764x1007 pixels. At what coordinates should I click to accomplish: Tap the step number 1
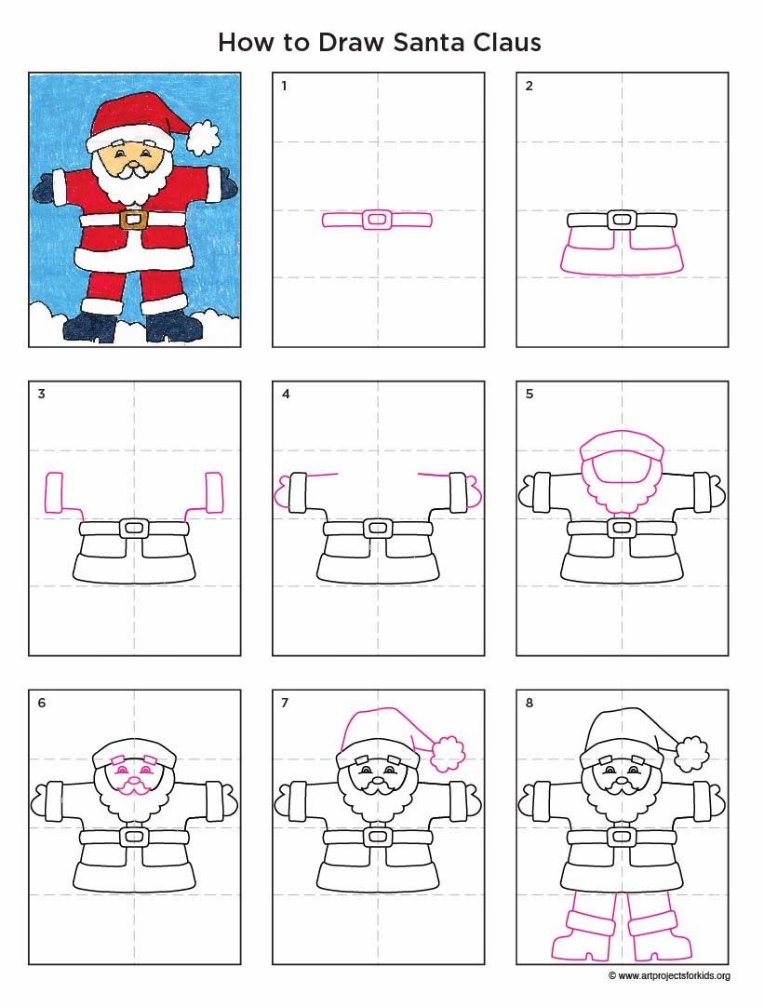click(284, 87)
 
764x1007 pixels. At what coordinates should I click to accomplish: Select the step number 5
click(529, 394)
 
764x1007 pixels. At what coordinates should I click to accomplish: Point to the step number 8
click(529, 703)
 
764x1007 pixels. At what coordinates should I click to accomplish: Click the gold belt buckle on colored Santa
click(134, 219)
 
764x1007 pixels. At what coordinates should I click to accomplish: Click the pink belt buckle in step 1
click(377, 220)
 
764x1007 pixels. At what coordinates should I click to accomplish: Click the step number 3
click(41, 394)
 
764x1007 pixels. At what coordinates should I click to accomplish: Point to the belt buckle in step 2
click(621, 220)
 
